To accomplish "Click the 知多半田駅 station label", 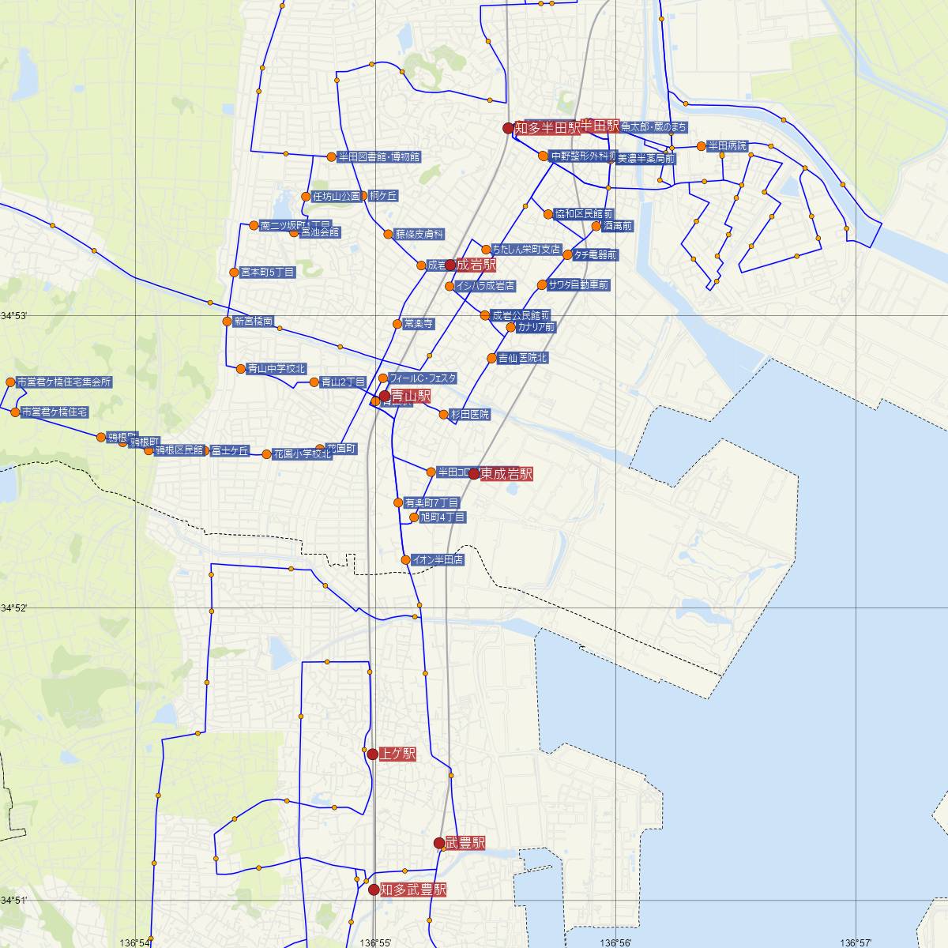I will [x=547, y=127].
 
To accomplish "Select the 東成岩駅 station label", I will [x=506, y=474].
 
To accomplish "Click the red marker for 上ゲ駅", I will [x=372, y=754].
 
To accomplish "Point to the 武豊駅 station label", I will [x=465, y=844].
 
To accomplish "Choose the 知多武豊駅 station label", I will [x=413, y=890].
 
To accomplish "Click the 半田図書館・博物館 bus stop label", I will [x=379, y=157].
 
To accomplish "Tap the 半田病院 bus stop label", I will [x=727, y=146].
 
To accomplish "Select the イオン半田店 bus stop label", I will [x=438, y=559].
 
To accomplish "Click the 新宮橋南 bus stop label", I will [x=254, y=322].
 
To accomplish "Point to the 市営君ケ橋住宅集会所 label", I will [x=64, y=382].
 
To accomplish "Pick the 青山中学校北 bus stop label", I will [x=276, y=368].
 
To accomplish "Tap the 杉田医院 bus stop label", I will [x=469, y=414].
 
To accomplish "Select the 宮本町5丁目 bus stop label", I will [x=267, y=273].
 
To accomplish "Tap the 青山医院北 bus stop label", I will [x=522, y=358].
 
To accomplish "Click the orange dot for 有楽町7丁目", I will [x=398, y=502].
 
